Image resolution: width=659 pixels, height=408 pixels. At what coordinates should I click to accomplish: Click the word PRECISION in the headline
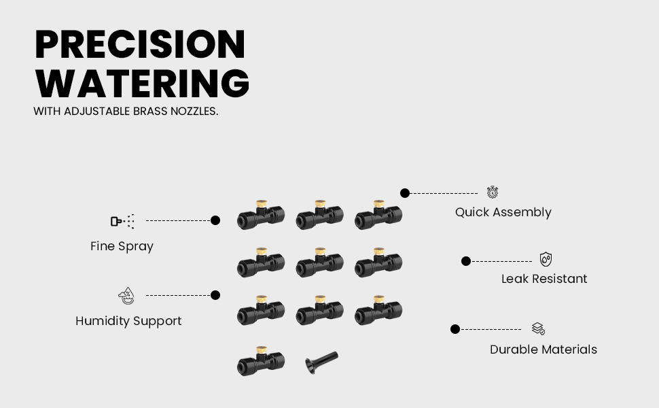click(140, 44)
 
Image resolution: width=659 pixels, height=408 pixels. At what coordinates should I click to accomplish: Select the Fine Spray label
click(122, 246)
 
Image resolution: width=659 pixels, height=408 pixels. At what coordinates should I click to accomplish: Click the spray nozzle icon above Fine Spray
click(123, 221)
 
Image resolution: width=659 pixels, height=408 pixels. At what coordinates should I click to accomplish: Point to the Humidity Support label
click(128, 321)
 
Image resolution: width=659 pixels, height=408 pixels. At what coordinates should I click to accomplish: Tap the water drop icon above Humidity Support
click(126, 296)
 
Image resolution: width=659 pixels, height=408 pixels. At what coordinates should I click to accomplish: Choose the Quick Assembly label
click(503, 212)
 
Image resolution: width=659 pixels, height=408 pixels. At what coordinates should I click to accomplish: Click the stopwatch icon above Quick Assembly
click(493, 192)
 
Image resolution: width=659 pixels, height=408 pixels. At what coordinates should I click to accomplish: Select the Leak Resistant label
click(544, 278)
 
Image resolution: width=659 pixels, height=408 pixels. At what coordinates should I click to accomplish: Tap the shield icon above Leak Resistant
click(546, 259)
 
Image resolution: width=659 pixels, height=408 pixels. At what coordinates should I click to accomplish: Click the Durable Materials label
click(544, 350)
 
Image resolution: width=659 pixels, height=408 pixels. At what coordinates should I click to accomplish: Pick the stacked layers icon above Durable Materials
click(538, 328)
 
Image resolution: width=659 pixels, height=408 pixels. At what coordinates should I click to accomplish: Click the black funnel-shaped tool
click(321, 362)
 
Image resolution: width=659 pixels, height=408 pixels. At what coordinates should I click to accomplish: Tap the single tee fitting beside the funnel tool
click(261, 361)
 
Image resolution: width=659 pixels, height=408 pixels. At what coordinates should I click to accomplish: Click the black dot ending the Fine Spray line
click(215, 220)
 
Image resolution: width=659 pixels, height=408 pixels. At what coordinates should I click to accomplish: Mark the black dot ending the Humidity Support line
click(215, 295)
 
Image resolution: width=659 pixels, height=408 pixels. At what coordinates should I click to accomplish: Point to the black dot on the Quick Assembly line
click(405, 193)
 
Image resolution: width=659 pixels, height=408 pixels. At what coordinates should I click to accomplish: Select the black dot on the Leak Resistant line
click(465, 261)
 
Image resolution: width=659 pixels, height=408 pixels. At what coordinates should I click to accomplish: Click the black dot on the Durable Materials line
click(455, 329)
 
